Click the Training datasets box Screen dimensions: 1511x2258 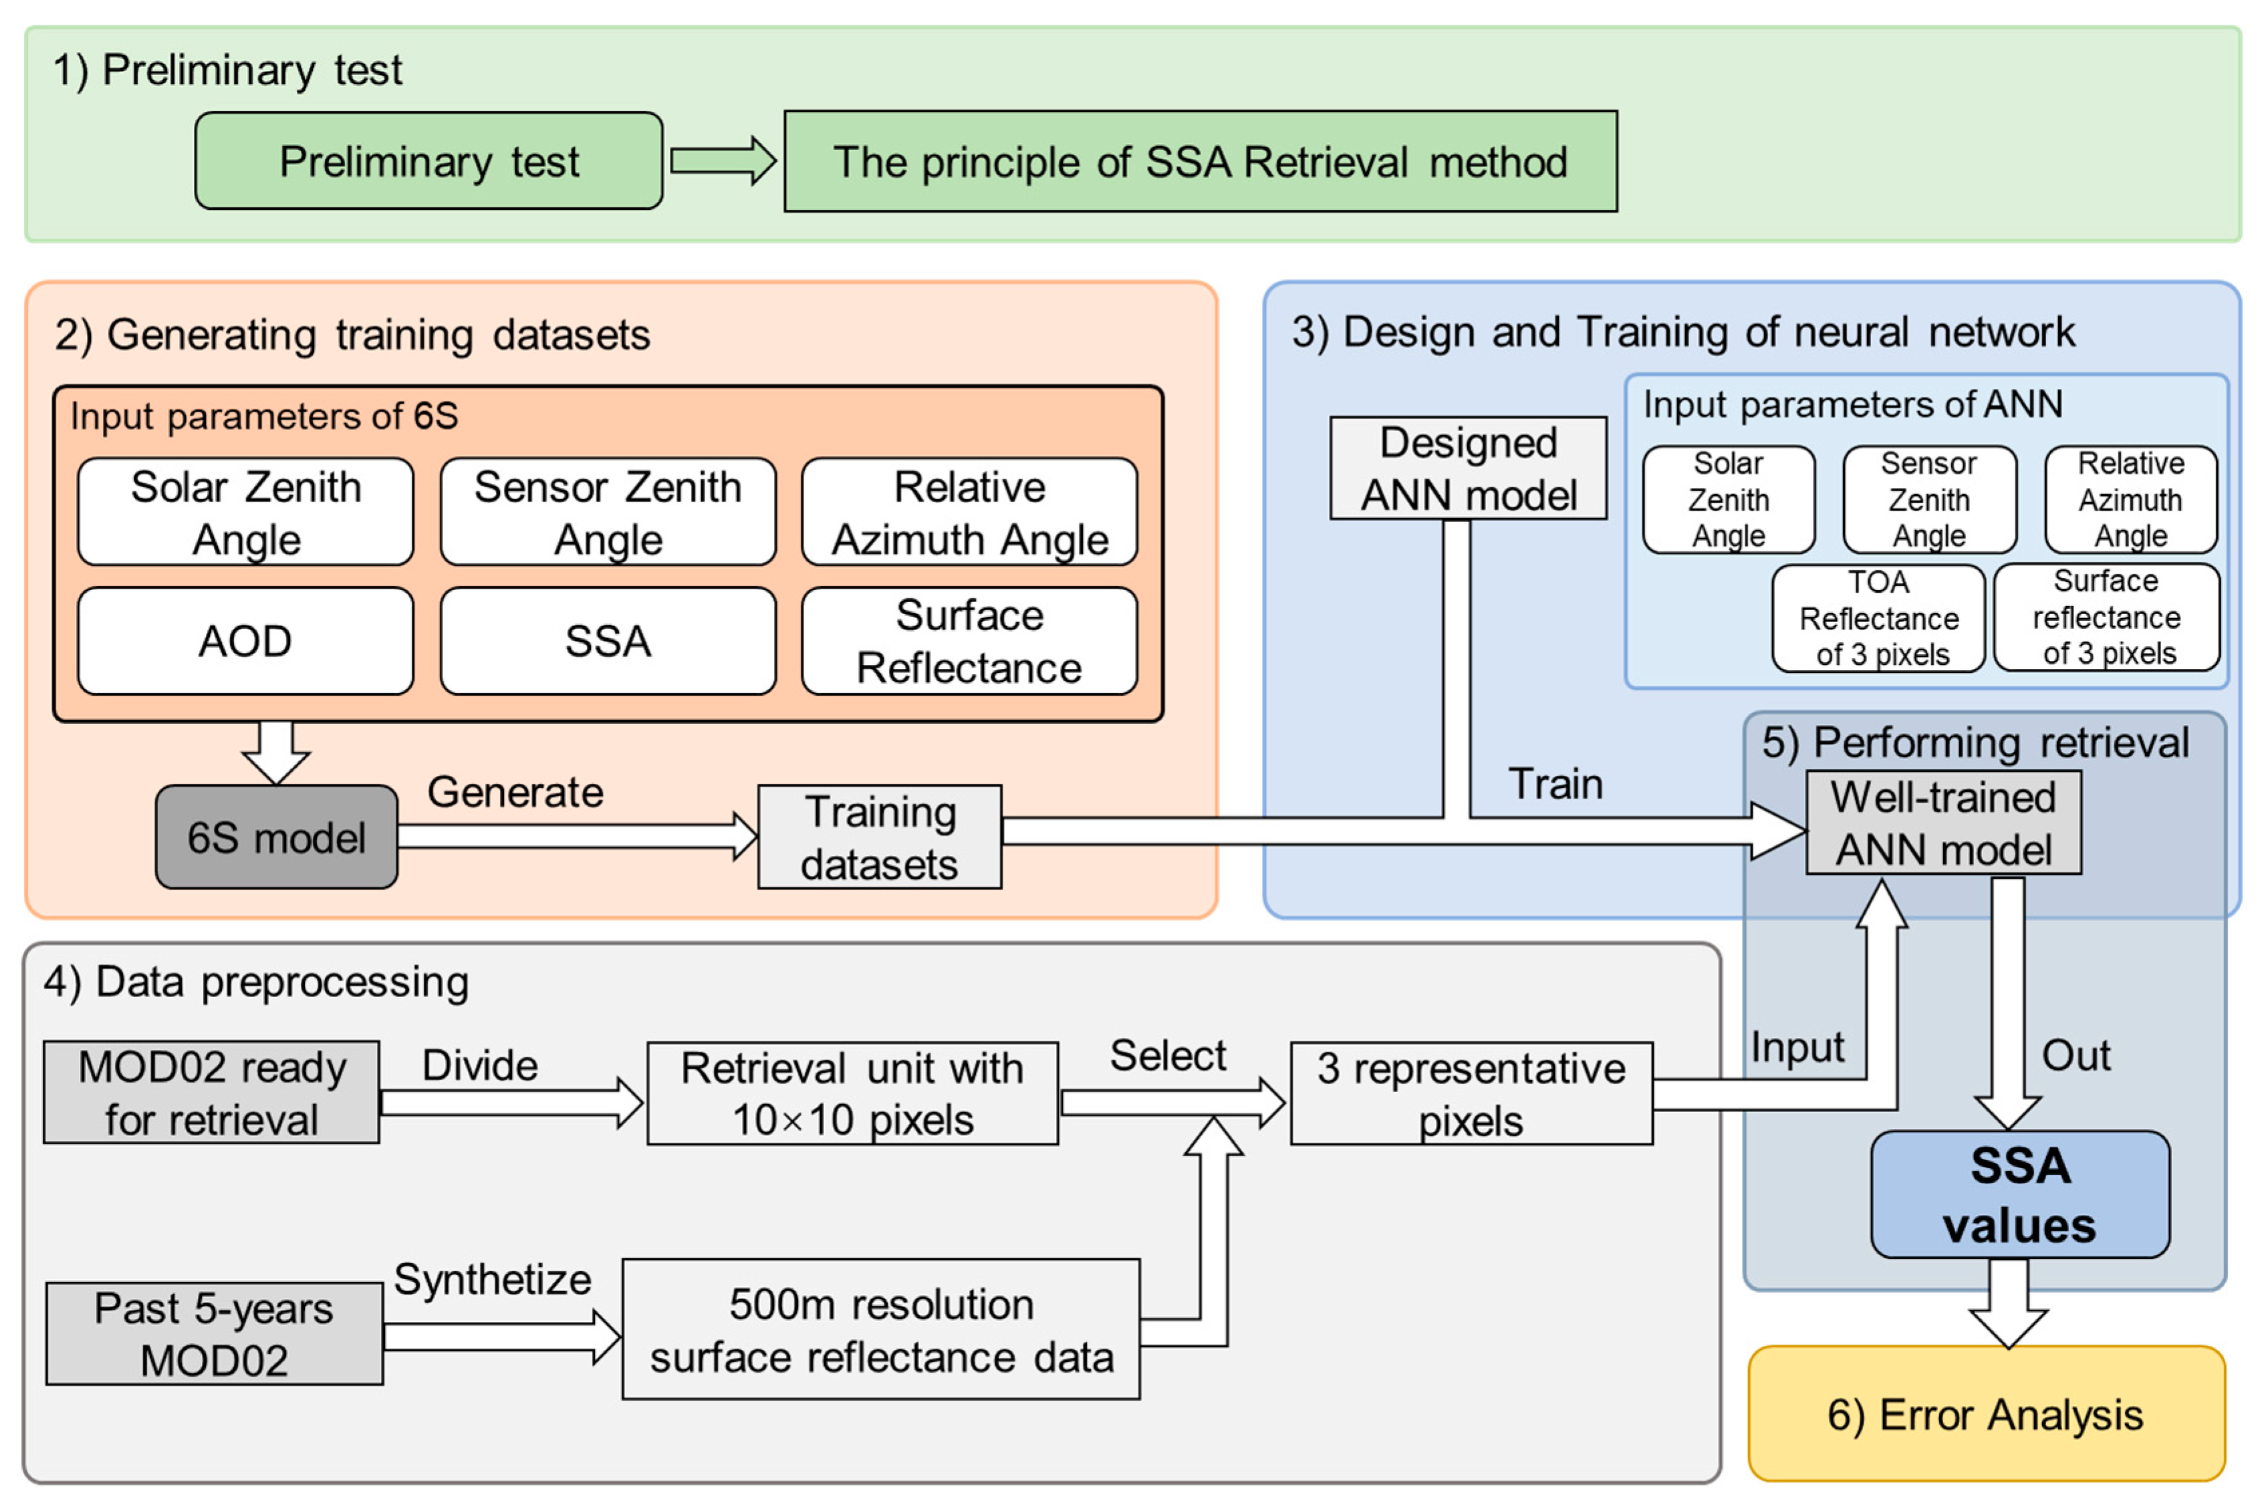[x=879, y=837]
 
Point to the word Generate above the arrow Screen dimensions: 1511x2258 [x=515, y=792]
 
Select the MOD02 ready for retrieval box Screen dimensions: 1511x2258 [x=211, y=1093]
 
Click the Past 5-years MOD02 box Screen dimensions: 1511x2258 [x=213, y=1334]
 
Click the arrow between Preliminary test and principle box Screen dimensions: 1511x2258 [x=723, y=161]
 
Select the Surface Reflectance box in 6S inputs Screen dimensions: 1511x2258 [x=969, y=641]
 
